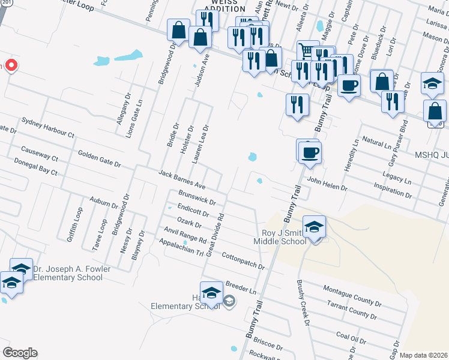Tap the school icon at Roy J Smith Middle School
click(x=314, y=227)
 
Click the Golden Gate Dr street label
click(x=100, y=159)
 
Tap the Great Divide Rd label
click(x=214, y=235)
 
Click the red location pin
click(x=11, y=65)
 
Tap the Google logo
click(x=20, y=353)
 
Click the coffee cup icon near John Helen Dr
click(x=310, y=152)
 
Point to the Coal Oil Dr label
click(x=351, y=337)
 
